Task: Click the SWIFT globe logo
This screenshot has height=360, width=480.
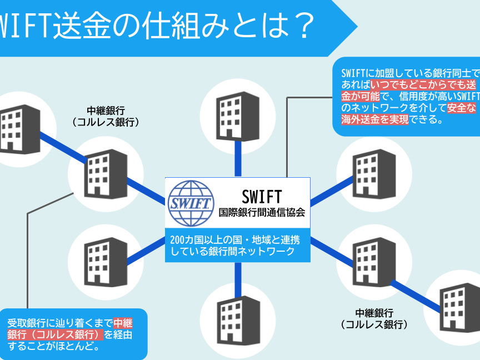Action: [191, 202]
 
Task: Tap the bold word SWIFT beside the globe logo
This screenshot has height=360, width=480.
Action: [262, 196]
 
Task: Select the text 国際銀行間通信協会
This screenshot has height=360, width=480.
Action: [262, 212]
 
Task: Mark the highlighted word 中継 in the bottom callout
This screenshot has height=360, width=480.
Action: [123, 323]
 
